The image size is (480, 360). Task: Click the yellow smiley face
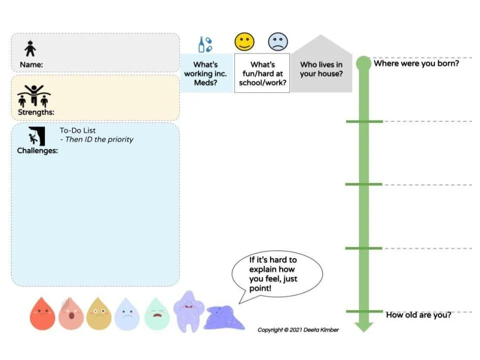point(244,41)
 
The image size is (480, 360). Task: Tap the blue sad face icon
point(277,41)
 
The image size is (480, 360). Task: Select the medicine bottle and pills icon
point(205,44)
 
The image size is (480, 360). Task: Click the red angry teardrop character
point(42,314)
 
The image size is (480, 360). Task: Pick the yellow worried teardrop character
point(98,314)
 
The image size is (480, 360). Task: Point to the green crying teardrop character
point(156,314)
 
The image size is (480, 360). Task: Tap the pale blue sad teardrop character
point(126,314)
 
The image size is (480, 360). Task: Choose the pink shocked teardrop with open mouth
point(71,314)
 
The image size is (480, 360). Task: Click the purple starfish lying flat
point(224,318)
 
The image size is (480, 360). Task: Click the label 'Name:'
point(31,64)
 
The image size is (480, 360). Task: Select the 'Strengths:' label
point(36,112)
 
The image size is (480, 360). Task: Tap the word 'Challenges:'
point(37,150)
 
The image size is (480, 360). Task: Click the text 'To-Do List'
point(78,130)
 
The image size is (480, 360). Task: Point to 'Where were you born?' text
point(416,63)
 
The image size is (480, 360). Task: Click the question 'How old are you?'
point(418,314)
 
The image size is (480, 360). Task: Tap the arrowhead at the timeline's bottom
point(363,327)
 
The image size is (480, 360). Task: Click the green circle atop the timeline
point(363,63)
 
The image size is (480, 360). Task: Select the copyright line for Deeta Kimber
point(298,329)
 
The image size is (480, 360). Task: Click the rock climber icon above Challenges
point(36,136)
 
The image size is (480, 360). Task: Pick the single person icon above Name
point(30,48)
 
